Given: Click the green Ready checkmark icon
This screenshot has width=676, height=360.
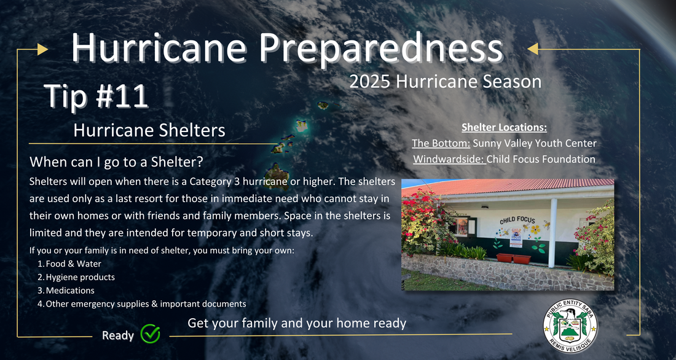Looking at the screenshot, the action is tap(150, 334).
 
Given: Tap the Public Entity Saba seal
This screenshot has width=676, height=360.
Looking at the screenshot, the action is tap(570, 326).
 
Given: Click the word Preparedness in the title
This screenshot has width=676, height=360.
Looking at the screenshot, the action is tap(381, 49).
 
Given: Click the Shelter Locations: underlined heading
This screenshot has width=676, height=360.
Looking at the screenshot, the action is tap(504, 128).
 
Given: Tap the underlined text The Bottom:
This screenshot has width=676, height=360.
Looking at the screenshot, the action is tap(441, 143).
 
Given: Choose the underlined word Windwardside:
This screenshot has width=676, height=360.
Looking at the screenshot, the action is tap(450, 159).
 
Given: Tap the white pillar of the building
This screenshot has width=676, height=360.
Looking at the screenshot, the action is tap(552, 233).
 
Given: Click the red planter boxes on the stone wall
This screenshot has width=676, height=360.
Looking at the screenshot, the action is tap(514, 258).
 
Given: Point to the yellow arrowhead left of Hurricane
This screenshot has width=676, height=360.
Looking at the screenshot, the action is tap(42, 49).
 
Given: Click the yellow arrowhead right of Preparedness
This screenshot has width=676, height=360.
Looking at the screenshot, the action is tap(533, 49).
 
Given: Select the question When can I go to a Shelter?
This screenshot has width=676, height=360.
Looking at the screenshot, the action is tap(116, 163).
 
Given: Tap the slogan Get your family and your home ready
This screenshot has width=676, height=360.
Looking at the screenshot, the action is tap(297, 323).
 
